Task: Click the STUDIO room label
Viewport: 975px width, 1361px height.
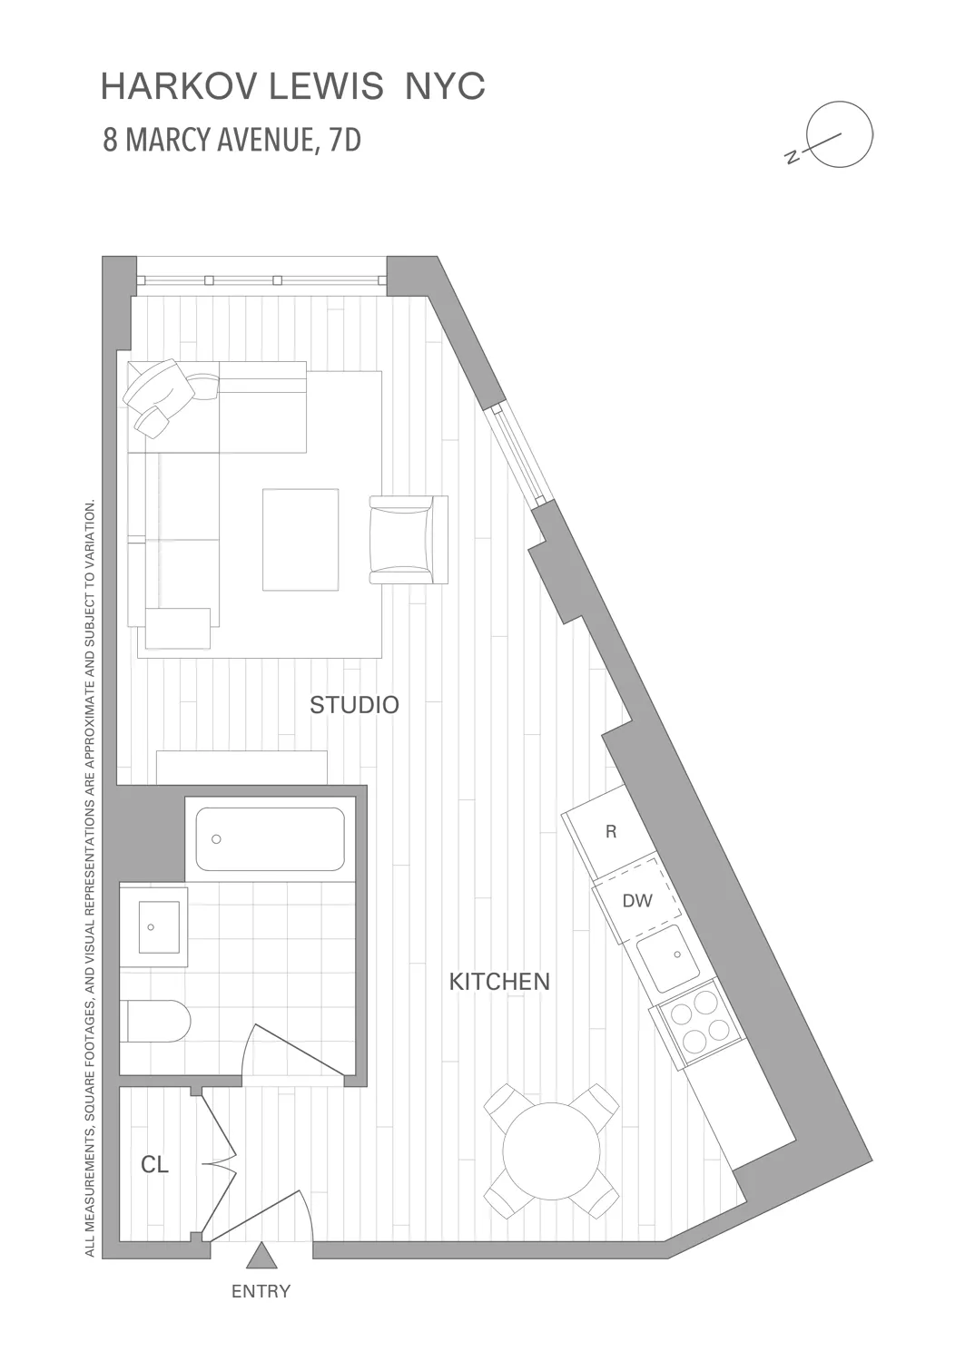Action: (x=354, y=705)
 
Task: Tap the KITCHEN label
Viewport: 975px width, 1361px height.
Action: (x=499, y=982)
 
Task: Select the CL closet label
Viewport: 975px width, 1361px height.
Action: (x=154, y=1165)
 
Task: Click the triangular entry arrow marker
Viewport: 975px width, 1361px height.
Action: (x=261, y=1256)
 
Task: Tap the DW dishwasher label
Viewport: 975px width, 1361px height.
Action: (x=637, y=901)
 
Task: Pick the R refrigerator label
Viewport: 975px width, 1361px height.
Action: (x=611, y=832)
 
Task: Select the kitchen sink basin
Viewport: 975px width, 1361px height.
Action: (x=668, y=958)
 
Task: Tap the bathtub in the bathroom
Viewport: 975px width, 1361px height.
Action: (x=270, y=839)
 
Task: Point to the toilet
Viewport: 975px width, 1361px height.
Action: (x=156, y=1022)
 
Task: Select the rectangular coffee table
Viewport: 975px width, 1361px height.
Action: (x=300, y=540)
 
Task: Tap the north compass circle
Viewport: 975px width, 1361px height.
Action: (x=841, y=134)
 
